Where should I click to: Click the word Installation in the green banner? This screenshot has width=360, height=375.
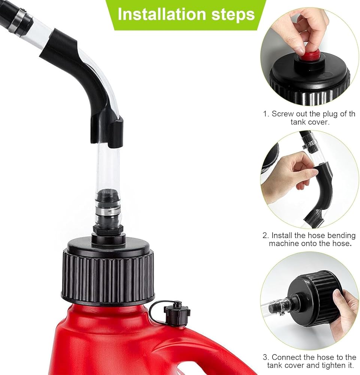tap(162, 14)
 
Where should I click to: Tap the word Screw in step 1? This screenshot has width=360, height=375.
tap(282, 114)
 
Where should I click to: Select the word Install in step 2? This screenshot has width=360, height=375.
tap(282, 235)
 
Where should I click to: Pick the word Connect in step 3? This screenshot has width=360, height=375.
tap(287, 357)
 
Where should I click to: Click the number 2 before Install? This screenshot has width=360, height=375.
tap(265, 235)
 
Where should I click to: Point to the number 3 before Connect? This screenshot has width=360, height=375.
tap(265, 357)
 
